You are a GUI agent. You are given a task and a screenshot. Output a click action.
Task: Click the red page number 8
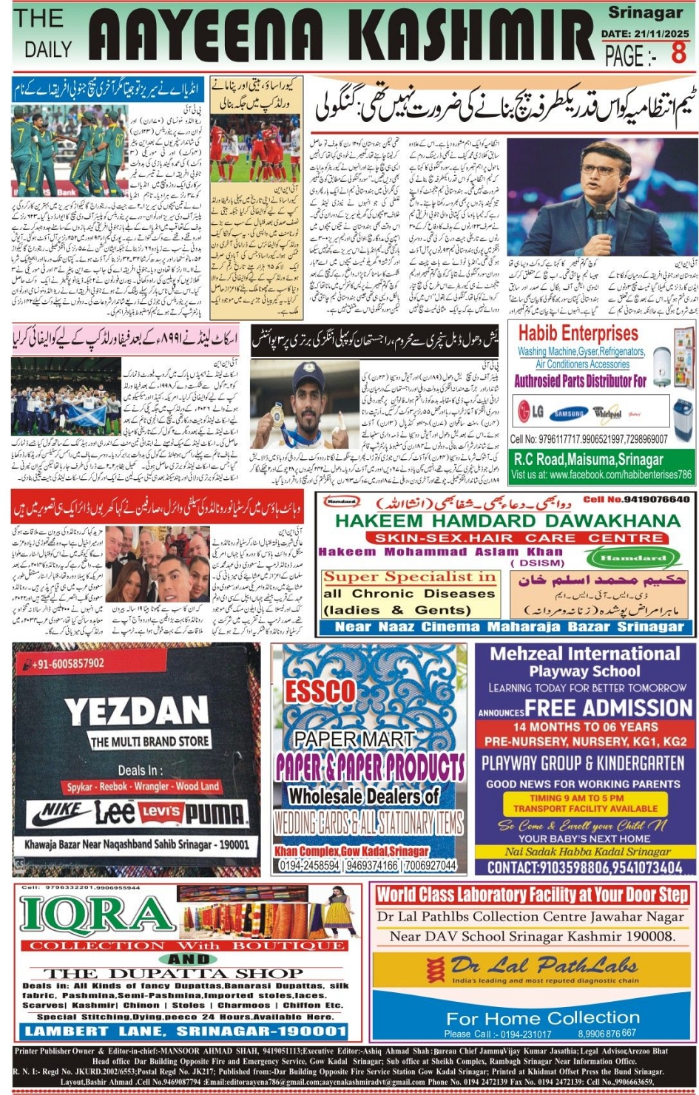(x=678, y=53)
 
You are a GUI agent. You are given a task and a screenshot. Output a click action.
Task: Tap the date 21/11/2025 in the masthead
(x=645, y=33)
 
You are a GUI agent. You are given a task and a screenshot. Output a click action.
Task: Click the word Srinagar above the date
(x=645, y=13)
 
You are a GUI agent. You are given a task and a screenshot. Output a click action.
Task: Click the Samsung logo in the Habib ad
(x=567, y=413)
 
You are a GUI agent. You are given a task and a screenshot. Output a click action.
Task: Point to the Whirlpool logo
(x=607, y=413)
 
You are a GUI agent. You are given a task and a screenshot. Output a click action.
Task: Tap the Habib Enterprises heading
(x=579, y=333)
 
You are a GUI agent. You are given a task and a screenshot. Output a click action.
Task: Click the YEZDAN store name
(x=137, y=712)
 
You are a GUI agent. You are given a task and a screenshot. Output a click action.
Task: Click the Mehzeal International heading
(x=584, y=654)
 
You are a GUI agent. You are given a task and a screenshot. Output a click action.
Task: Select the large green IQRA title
(x=96, y=914)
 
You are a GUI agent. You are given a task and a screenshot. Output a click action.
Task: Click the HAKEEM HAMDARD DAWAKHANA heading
(x=507, y=521)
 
